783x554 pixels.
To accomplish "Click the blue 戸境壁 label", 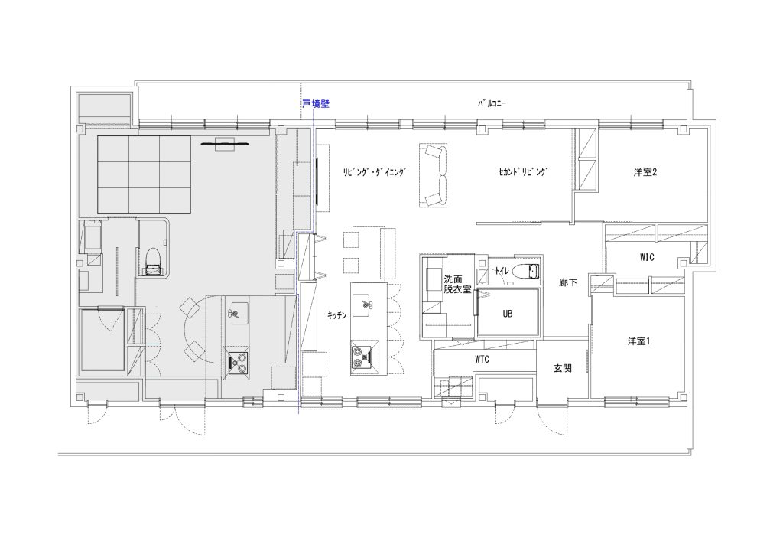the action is coord(316,104).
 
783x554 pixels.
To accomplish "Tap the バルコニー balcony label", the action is coord(492,104).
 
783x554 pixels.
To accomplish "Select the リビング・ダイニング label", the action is coord(374,172).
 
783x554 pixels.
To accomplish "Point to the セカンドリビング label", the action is coord(523,172).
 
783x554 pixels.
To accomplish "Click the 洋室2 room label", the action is coord(645,172).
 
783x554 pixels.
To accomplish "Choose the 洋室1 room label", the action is coord(638,342).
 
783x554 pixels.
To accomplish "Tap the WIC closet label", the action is coord(647,257).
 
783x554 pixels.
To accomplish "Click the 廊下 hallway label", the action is coord(568,283).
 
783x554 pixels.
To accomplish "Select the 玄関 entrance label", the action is coord(563,369).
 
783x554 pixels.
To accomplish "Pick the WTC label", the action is coord(482,359).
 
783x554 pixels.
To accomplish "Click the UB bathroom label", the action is coord(508,314).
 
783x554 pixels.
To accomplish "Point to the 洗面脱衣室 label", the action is coord(458,284).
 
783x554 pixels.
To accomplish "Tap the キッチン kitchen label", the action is coord(337,315).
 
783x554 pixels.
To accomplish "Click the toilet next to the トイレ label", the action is coord(525,271).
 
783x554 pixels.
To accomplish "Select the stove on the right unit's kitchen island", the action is coord(365,357).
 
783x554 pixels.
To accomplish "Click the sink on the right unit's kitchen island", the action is coord(362,305).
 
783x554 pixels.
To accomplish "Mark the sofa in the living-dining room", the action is coord(433,174).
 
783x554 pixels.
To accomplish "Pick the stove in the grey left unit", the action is coord(238,362).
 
